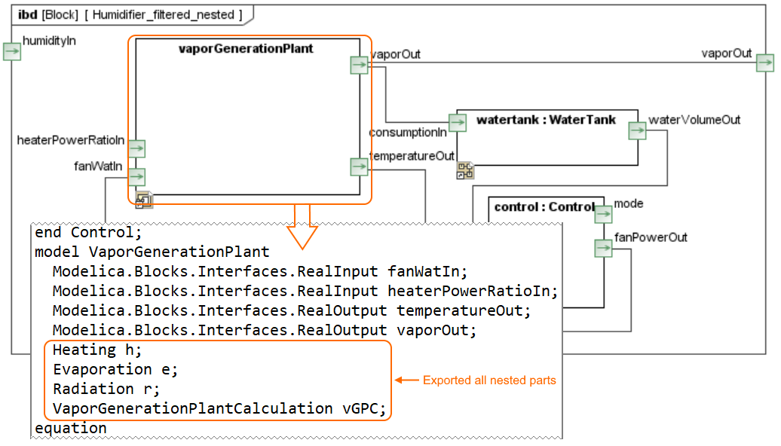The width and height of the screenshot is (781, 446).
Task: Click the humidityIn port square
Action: [x=12, y=51]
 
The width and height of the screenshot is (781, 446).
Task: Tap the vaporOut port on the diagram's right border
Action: [x=764, y=63]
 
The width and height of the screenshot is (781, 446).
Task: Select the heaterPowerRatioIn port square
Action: [x=136, y=148]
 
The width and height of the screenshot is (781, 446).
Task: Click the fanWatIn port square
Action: [x=136, y=176]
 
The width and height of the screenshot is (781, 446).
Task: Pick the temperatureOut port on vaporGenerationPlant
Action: [x=359, y=166]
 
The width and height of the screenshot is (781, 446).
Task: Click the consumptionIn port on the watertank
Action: [x=457, y=122]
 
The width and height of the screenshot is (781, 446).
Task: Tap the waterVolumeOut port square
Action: [x=638, y=131]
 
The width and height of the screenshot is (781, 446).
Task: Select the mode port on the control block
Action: [x=603, y=215]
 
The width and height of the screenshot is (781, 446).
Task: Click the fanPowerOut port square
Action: [x=603, y=248]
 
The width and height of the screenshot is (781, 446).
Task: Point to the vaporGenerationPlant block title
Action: [x=246, y=49]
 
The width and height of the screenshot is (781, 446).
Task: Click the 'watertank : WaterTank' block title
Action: [x=546, y=120]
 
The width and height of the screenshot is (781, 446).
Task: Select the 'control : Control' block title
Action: [x=544, y=206]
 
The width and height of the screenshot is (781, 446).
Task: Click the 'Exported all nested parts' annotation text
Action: [x=489, y=380]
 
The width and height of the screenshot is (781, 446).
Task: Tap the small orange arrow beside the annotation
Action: [x=406, y=380]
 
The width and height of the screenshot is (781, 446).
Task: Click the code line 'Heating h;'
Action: [x=97, y=350]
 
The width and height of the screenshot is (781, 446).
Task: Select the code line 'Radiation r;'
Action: [x=106, y=389]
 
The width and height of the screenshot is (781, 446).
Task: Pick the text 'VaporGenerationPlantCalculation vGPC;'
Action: [x=219, y=408]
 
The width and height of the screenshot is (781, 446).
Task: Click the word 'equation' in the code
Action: [x=71, y=428]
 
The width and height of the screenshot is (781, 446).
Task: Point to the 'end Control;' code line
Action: [x=88, y=232]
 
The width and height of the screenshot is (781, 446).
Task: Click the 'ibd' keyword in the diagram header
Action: [x=26, y=14]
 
